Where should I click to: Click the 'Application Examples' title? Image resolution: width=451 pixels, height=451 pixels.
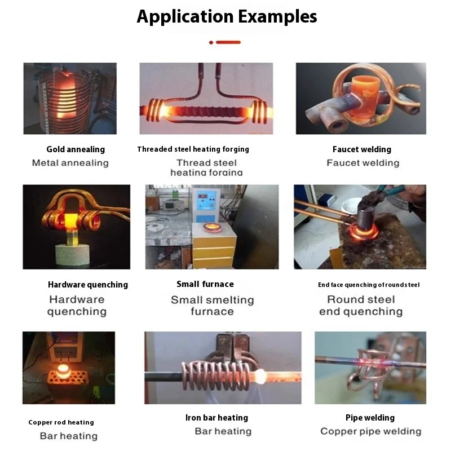pos(227,16)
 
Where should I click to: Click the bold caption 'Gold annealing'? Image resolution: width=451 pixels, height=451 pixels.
pos(76,149)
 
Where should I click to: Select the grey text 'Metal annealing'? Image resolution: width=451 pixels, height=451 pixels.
pos(70,163)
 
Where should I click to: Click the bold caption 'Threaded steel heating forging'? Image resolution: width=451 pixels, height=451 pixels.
pos(193,149)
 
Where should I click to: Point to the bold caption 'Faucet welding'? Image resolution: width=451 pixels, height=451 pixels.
pos(361,149)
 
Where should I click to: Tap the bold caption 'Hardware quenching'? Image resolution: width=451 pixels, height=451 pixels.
pos(88,285)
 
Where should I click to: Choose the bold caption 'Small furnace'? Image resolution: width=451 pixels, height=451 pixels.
pos(205,284)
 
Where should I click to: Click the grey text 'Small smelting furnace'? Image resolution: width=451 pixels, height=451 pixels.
pos(212,306)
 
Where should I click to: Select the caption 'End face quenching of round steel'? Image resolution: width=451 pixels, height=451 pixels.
pos(369,285)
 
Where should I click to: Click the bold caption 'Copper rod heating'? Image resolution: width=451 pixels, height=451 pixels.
pos(61,422)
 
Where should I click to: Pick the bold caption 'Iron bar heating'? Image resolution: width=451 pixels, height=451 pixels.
pos(216,418)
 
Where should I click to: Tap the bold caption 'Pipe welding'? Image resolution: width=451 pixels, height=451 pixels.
pos(370,418)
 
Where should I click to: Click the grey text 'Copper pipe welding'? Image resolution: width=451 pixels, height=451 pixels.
pos(370,431)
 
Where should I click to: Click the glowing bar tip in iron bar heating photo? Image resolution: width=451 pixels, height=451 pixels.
pos(262,374)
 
